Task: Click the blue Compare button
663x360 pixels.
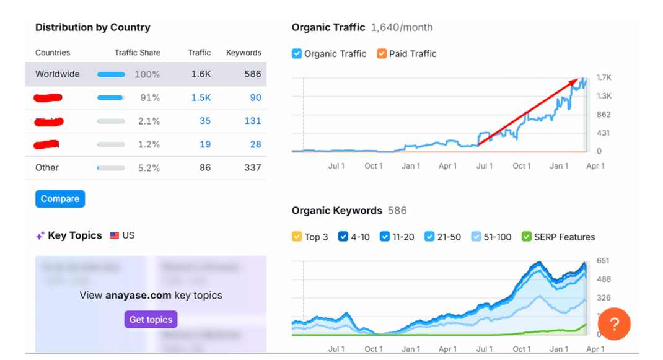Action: tap(60, 199)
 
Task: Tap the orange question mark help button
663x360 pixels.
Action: tap(614, 324)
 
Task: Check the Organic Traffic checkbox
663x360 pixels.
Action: tap(297, 54)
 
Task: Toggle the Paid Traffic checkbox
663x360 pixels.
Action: tap(382, 54)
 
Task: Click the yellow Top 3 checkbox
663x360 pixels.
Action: tap(297, 237)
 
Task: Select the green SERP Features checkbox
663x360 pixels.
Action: tap(527, 237)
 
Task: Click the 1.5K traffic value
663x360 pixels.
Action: tap(201, 97)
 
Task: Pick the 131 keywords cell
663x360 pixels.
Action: tap(253, 121)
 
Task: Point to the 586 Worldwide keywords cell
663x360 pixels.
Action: tap(253, 74)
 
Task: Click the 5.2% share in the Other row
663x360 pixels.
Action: tap(149, 167)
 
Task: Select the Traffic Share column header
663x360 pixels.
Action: tap(138, 53)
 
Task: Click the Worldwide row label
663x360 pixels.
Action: tap(58, 74)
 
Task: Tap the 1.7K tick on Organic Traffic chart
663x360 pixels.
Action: tap(604, 77)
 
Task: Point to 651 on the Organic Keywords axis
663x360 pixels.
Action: tap(603, 261)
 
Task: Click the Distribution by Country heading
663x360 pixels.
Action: tap(93, 27)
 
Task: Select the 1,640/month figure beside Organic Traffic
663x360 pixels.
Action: tap(402, 27)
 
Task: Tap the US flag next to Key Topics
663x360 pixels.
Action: tap(115, 235)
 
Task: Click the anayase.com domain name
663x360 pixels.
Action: tap(138, 295)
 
